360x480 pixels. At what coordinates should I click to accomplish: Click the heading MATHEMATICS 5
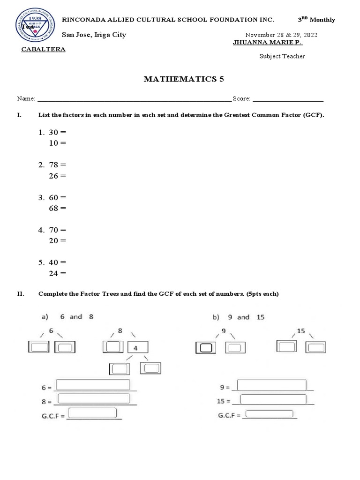[184, 79]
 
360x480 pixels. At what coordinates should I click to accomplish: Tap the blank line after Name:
[134, 99]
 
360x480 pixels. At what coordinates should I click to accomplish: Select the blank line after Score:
[287, 99]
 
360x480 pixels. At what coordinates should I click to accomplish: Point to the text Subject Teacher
[282, 56]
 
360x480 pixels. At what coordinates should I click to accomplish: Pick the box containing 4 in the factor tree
[138, 347]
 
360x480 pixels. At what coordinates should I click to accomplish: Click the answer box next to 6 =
[93, 385]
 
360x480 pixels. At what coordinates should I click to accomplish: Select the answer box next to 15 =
[273, 399]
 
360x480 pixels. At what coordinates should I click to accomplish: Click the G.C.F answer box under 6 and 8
[92, 413]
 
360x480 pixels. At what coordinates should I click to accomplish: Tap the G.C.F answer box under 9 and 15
[269, 414]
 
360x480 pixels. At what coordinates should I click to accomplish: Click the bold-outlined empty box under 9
[206, 347]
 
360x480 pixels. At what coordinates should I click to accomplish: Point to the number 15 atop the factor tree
[300, 331]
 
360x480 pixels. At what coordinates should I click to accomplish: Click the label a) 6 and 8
[67, 317]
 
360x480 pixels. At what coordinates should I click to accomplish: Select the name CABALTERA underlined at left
[43, 50]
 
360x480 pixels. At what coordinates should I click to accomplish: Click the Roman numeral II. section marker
[21, 294]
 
